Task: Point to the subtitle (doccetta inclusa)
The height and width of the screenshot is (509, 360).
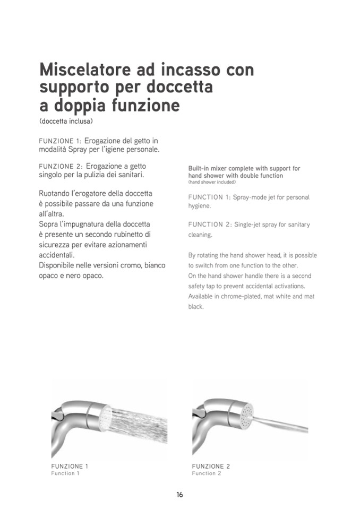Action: [66, 122]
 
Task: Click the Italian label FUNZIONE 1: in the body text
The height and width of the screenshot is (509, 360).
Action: [60, 141]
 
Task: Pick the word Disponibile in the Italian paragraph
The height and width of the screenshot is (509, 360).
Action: [60, 265]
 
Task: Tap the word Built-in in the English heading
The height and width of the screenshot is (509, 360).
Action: [200, 168]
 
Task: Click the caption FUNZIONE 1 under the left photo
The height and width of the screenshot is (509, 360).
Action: [70, 466]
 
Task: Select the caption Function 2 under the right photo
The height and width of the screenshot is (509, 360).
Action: [207, 473]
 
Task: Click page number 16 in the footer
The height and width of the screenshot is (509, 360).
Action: [179, 495]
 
